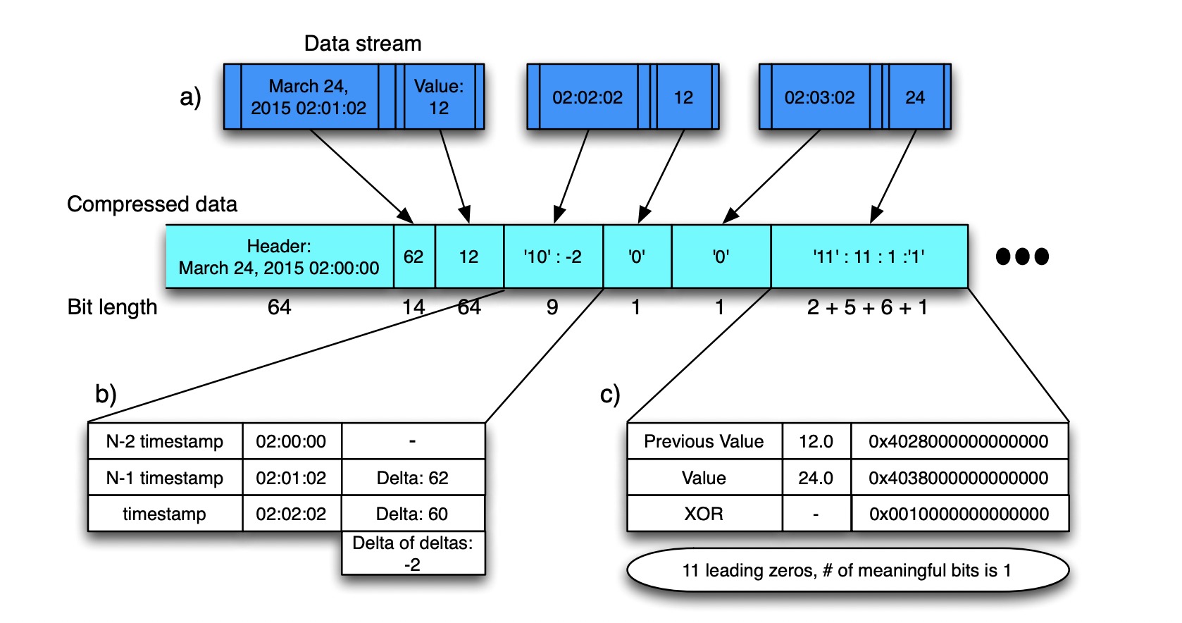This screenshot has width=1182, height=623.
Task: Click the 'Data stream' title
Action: pos(363,43)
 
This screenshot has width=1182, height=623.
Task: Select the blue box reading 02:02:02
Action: pos(588,97)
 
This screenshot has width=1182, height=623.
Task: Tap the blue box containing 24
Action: pos(915,97)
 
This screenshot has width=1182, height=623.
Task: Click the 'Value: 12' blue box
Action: pos(439,97)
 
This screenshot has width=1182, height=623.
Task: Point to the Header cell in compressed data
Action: pos(280,257)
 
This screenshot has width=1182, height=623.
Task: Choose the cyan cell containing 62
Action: pos(414,257)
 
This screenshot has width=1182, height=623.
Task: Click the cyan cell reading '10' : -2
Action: pos(554,257)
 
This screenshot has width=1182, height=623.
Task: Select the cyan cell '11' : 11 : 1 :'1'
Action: pos(870,257)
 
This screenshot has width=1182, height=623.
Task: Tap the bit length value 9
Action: pos(552,307)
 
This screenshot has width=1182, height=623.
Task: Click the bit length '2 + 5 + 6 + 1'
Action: pos(867,307)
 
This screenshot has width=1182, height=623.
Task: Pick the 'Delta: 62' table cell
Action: pos(413,477)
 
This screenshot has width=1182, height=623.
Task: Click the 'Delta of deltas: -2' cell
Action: pos(413,553)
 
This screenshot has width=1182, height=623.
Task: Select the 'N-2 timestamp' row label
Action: pos(165,441)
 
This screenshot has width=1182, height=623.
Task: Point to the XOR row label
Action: pos(704,514)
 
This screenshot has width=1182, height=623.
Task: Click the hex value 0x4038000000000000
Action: pos(959,478)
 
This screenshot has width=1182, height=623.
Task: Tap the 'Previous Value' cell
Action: pos(704,441)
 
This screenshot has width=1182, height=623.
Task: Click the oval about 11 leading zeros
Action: pos(847,570)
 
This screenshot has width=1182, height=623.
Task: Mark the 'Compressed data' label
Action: pos(152,204)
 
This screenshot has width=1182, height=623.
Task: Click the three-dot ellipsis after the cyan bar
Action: pos(1022,257)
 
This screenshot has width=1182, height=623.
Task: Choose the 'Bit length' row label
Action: pos(113,307)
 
